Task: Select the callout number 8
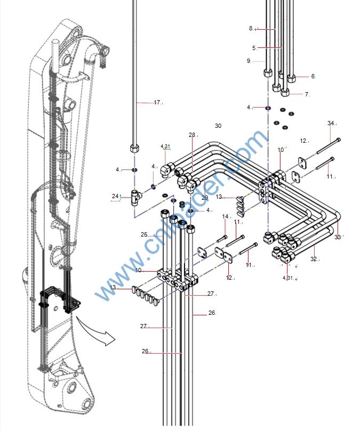click(x=251, y=29)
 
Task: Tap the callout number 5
click(x=254, y=48)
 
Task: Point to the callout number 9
click(x=249, y=61)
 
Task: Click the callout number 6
click(x=313, y=76)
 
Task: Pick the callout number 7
click(x=307, y=94)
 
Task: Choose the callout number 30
click(x=218, y=126)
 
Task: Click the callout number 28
click(x=192, y=135)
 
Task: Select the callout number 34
click(x=331, y=124)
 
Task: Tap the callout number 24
click(x=115, y=196)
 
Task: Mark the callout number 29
click(x=204, y=198)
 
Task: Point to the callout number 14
click(x=225, y=216)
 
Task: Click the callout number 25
click(x=144, y=234)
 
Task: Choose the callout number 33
click(x=337, y=237)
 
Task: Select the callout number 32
click(x=314, y=259)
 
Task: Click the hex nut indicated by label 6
click(x=292, y=78)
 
